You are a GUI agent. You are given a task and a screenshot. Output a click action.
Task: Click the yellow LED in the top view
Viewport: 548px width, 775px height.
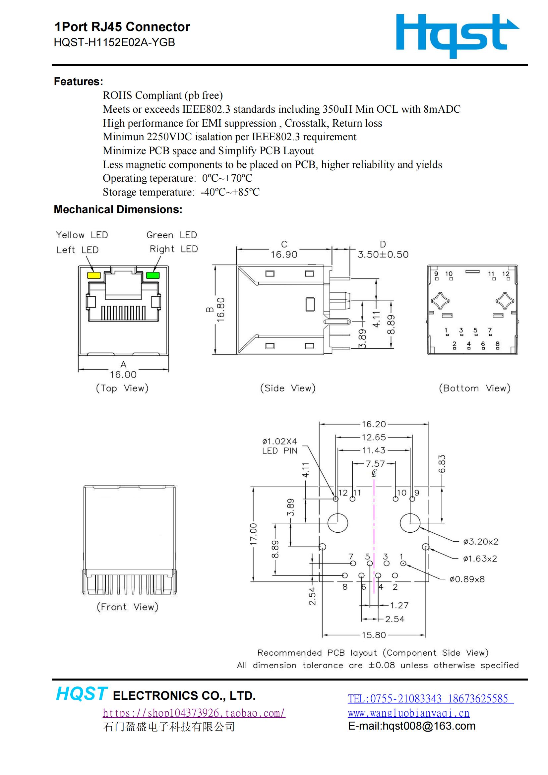tap(94, 275)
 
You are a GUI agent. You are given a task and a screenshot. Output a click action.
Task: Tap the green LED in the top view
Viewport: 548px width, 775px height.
tap(152, 275)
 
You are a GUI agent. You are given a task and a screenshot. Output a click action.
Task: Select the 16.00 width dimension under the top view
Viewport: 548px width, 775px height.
tap(123, 374)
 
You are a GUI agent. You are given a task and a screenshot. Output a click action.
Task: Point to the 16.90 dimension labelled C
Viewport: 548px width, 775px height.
tap(284, 255)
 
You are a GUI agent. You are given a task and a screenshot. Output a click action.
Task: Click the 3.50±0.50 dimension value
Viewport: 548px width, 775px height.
tap(383, 255)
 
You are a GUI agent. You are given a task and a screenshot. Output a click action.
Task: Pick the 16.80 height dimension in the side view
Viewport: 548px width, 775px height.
tap(220, 309)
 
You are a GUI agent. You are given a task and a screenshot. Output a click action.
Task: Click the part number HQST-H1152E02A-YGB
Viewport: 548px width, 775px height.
tap(114, 42)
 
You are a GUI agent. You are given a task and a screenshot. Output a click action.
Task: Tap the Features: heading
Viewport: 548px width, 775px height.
tap(78, 82)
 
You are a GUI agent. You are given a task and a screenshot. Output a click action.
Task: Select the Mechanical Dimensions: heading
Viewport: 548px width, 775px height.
tap(118, 209)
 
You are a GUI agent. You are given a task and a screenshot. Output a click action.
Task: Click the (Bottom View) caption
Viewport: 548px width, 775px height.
tap(474, 388)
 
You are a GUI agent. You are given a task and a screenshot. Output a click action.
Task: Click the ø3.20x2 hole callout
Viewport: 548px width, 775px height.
tap(480, 542)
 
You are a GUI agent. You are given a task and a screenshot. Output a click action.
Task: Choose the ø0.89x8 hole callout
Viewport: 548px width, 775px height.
tap(467, 579)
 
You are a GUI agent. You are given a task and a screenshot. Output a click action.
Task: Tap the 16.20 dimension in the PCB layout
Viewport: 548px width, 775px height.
tap(373, 424)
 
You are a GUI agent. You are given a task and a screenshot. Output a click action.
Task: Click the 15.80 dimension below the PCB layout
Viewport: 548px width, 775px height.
tap(373, 635)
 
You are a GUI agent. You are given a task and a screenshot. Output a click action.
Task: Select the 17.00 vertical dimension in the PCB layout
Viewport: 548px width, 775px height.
tap(253, 534)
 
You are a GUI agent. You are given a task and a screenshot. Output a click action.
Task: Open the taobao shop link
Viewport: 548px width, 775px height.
tap(194, 713)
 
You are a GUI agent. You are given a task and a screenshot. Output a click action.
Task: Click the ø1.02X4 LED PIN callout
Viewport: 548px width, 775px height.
tap(279, 446)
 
